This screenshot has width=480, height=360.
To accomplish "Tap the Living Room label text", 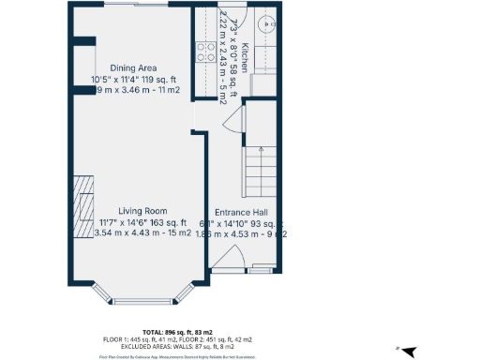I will click(142, 211).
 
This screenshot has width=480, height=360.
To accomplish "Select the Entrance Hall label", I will click(245, 212).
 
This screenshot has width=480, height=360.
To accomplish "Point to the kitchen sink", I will click(266, 25).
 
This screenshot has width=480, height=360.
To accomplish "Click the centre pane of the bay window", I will click(142, 301).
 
